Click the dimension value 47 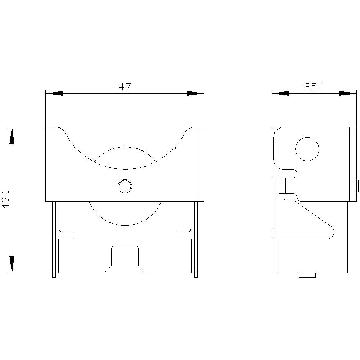(125, 87)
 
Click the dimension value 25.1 (314, 87)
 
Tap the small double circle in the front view (125, 186)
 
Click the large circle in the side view (307, 149)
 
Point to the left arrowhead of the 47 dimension (54, 93)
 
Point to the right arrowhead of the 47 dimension (195, 93)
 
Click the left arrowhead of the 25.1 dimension (280, 93)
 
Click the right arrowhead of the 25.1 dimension (348, 93)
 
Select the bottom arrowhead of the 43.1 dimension (12, 264)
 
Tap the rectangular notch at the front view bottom (125, 256)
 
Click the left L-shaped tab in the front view (66, 235)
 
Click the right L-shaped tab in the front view (183, 235)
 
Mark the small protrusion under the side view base (307, 275)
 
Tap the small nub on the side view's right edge (357, 186)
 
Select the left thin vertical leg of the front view (54, 239)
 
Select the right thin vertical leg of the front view (196, 239)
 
